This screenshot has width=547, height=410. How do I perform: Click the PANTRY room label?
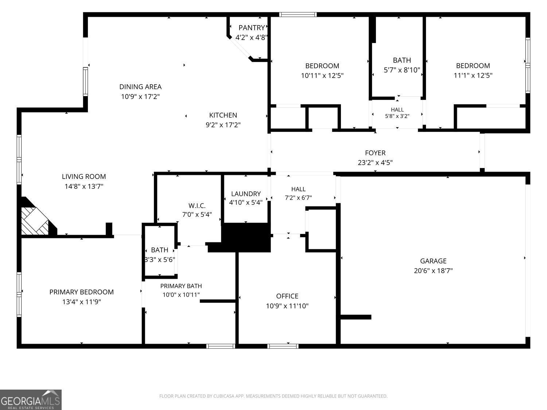[252, 28]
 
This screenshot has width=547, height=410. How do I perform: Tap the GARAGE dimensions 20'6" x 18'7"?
[433, 270]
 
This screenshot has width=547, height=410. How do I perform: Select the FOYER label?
[375, 153]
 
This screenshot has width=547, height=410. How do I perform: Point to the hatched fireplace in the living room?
[35, 221]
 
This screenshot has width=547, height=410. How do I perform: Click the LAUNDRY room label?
[246, 194]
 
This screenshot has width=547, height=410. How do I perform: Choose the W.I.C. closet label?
[197, 206]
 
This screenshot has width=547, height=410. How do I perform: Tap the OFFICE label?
[287, 296]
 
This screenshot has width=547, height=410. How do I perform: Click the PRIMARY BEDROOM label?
[81, 292]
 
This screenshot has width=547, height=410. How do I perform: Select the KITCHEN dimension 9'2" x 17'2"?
[223, 125]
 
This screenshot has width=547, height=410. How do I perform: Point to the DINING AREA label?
[140, 87]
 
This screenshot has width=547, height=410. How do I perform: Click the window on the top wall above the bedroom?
[298, 15]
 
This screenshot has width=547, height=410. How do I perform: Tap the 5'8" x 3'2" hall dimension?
[397, 116]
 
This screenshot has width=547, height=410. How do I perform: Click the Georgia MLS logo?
[31, 400]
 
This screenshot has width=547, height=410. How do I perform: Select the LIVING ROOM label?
[84, 176]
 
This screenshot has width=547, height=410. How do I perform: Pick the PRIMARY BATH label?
[181, 286]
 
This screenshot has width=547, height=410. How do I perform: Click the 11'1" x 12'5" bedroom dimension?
[473, 75]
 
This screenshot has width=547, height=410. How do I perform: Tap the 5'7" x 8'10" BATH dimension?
[402, 70]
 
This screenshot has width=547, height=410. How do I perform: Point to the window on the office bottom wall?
[283, 346]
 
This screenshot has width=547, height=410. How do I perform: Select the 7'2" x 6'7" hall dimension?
[298, 198]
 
